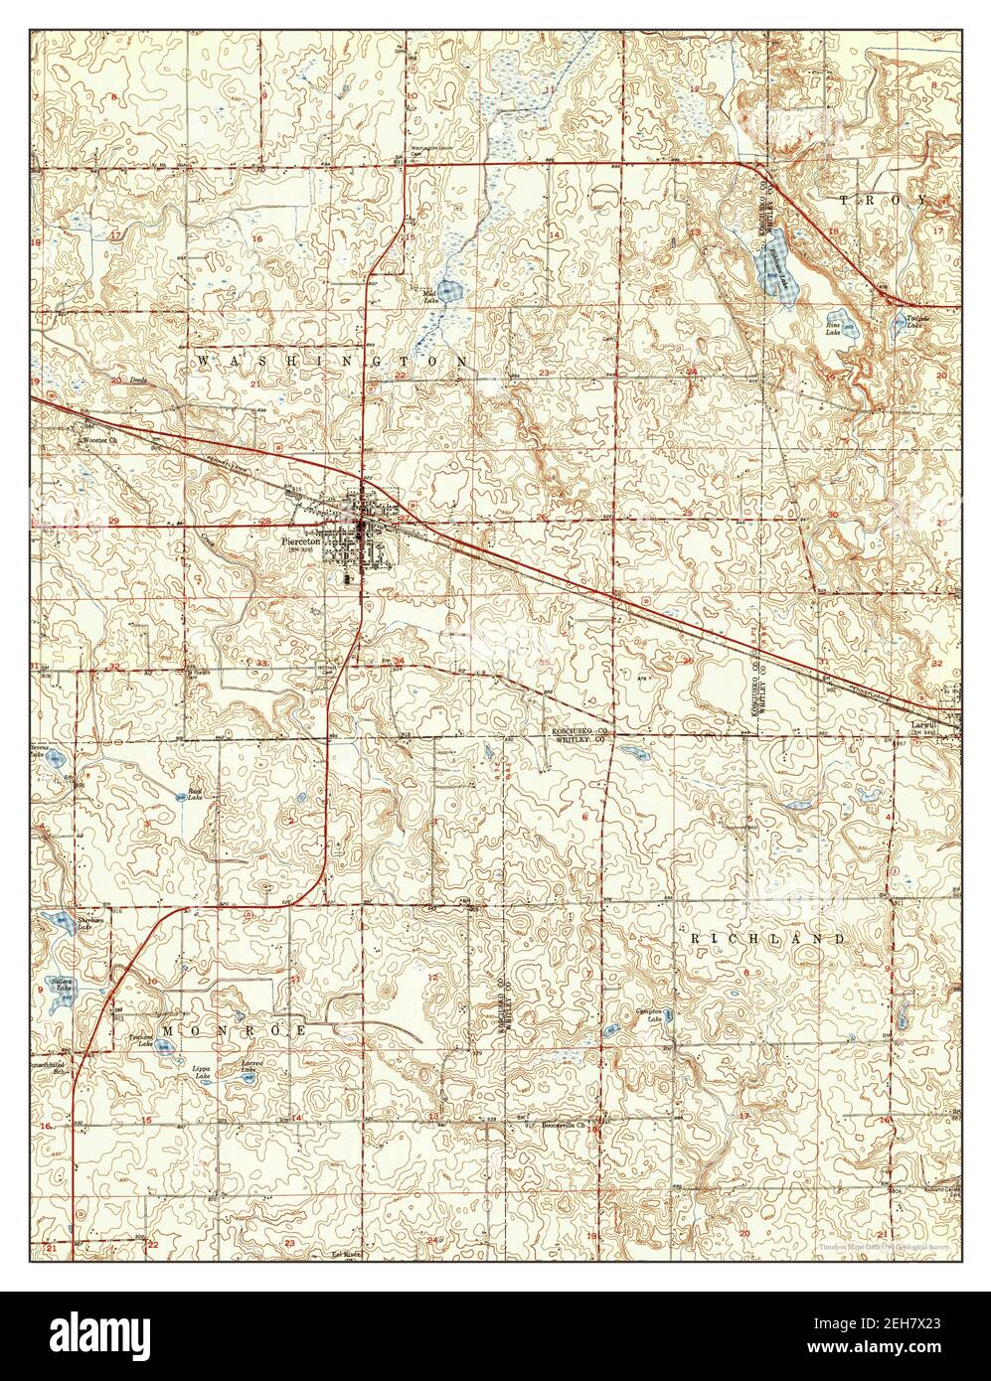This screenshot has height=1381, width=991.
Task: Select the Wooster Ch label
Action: click(x=99, y=439)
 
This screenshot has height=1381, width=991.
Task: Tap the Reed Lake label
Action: click(x=196, y=795)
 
